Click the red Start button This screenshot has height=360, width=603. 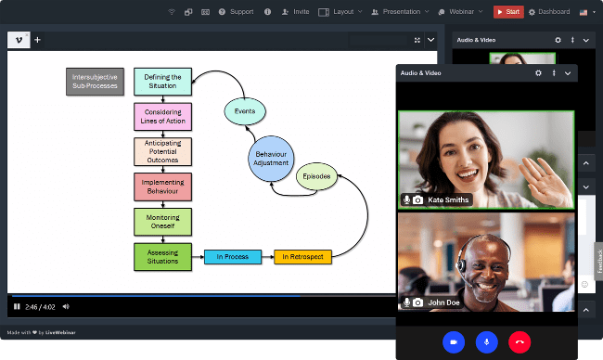[x=507, y=12]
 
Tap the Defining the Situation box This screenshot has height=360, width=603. [x=162, y=82]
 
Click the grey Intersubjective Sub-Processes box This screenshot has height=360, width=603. [x=95, y=82]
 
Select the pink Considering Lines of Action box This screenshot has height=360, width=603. [x=162, y=117]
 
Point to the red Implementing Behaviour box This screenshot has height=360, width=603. [x=162, y=186]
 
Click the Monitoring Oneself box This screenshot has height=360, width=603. [x=162, y=222]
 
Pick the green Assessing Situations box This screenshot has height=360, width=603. [x=162, y=256]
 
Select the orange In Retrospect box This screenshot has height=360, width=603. [x=301, y=256]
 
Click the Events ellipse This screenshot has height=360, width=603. [x=245, y=112]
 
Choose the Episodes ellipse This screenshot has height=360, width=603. [x=315, y=176]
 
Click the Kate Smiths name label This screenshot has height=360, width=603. [x=448, y=199]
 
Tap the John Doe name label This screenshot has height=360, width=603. [x=443, y=302]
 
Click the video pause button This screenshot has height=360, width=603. [x=17, y=305]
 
